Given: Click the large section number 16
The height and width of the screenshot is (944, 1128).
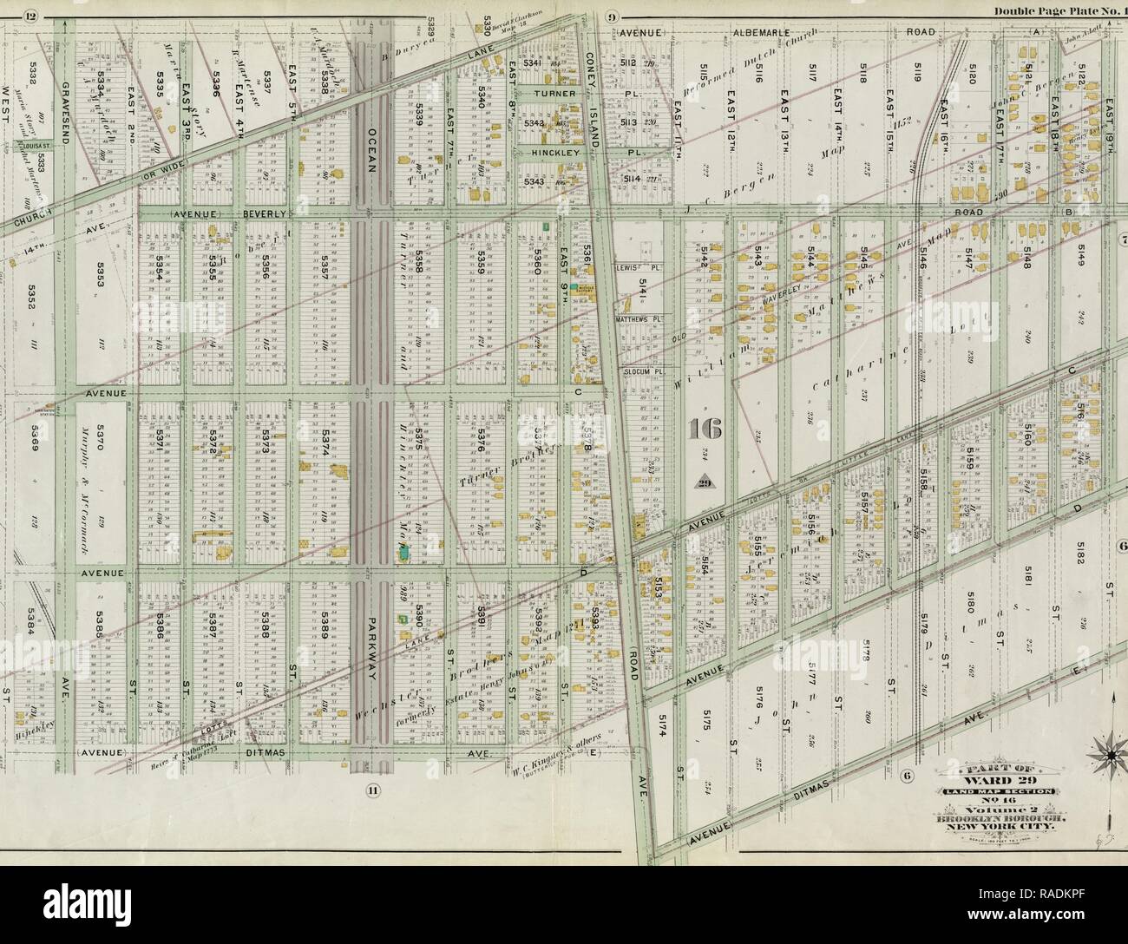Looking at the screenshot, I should [703, 428].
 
